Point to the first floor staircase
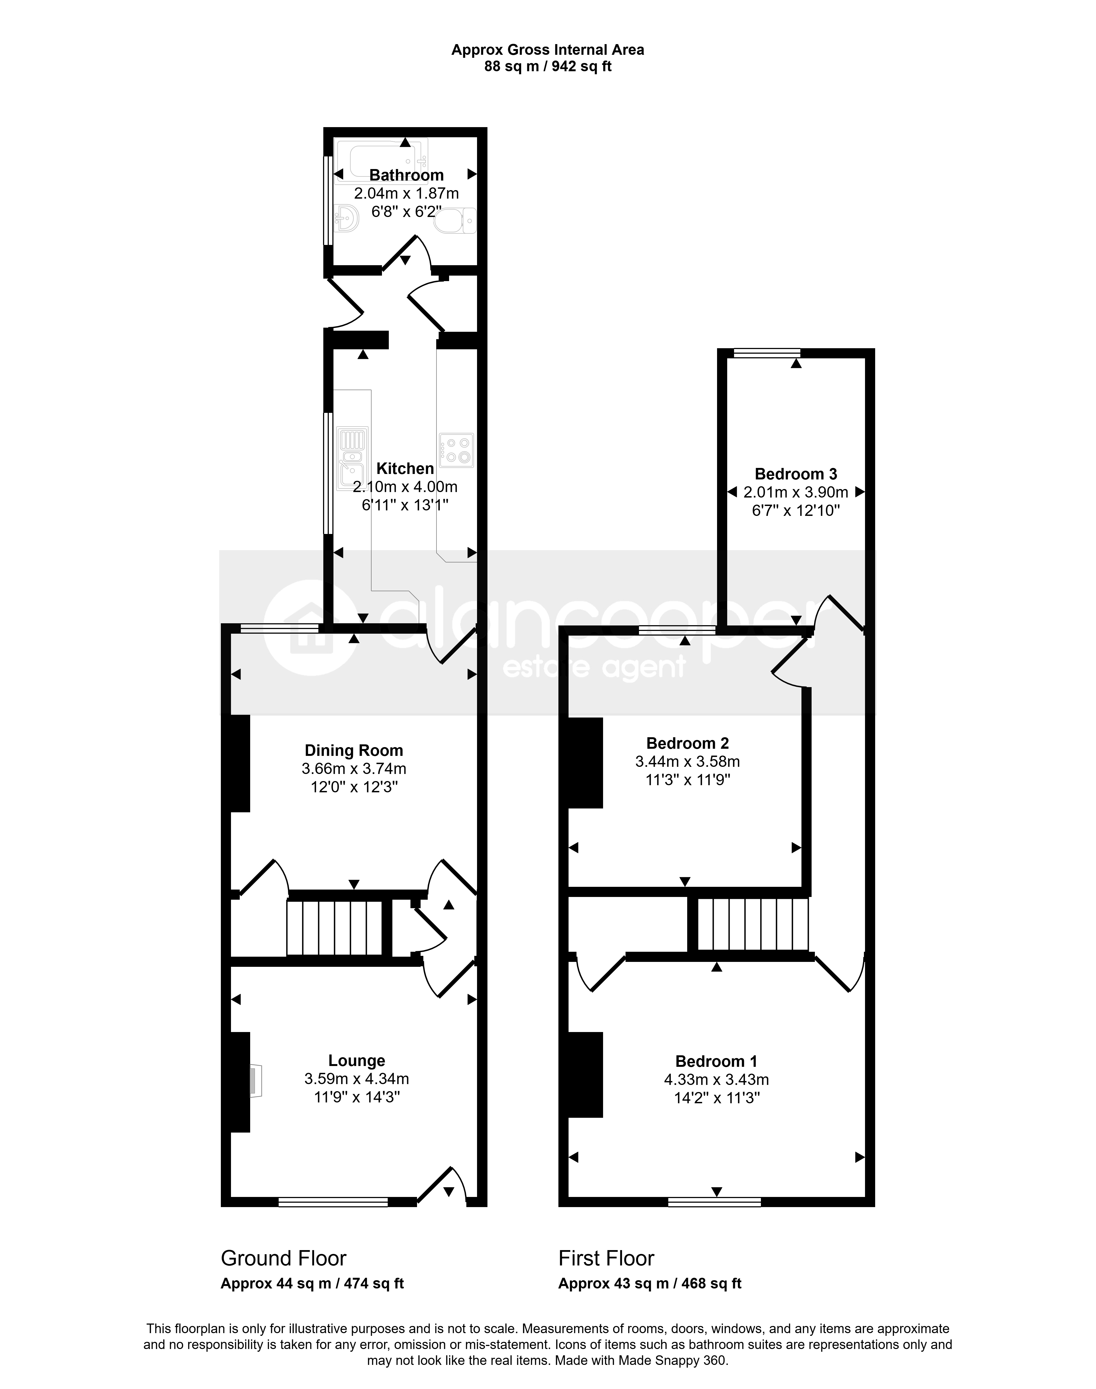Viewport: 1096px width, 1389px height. [752, 924]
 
